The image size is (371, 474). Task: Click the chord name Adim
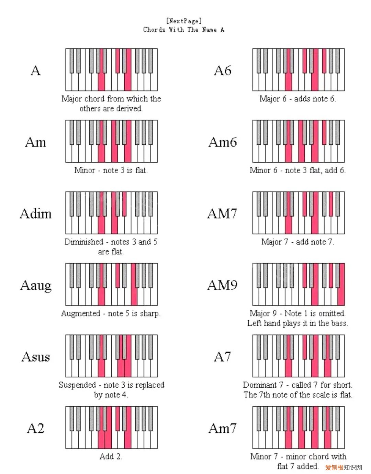pos(36,214)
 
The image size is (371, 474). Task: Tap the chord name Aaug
pos(36,286)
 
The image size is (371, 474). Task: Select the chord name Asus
pos(36,357)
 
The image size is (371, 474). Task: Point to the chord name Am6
pos(223,142)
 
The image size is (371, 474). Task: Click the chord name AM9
pos(223,285)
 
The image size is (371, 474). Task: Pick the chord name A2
pos(36,428)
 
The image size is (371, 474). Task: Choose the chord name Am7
pos(223,428)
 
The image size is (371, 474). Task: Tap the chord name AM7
pos(222,214)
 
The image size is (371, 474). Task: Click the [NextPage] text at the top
pos(184,21)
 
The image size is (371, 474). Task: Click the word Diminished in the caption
pos(84,242)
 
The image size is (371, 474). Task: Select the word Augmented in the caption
pos(81,313)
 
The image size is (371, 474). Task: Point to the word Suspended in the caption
pos(77,385)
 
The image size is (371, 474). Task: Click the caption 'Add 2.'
pos(111,456)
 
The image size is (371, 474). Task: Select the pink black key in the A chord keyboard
pos(118,61)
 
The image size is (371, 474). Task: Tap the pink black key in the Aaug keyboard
pos(118,275)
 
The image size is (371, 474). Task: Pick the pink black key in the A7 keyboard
pos(305,346)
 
